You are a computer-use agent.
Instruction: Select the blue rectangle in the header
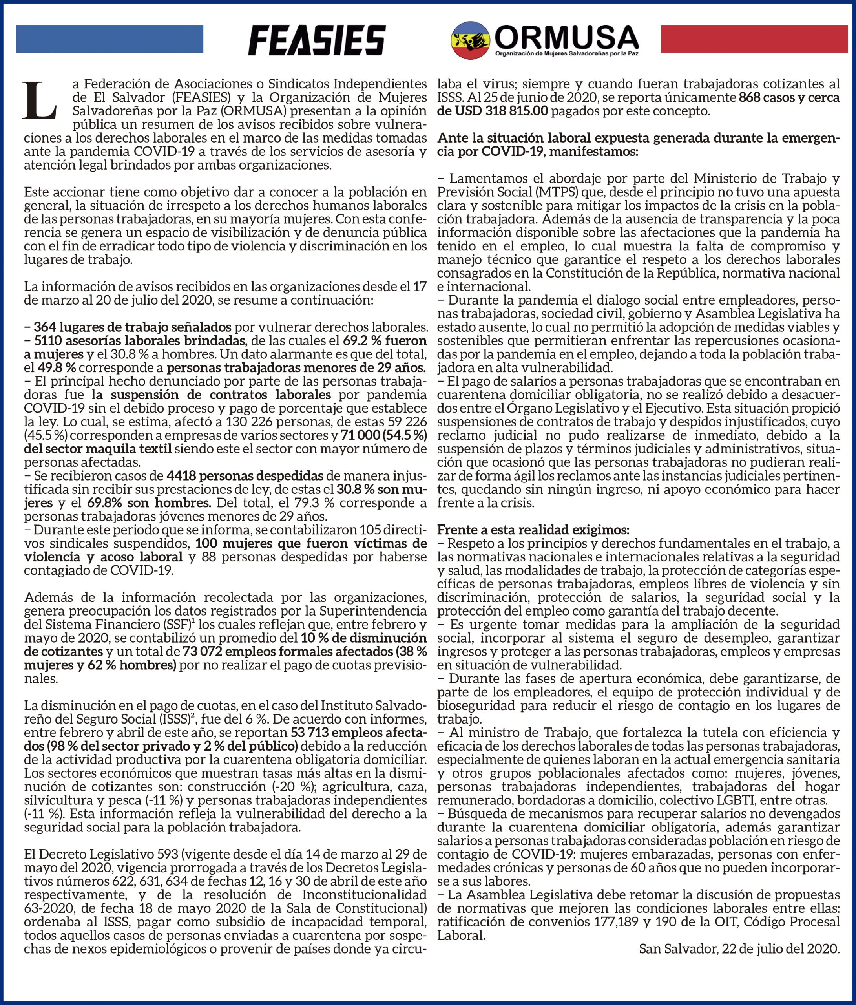(x=110, y=39)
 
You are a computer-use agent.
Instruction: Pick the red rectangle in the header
(x=754, y=39)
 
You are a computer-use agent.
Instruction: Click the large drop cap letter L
(x=40, y=100)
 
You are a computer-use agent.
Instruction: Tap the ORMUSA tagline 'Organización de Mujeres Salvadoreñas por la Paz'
(x=566, y=53)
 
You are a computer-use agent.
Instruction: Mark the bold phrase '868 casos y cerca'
(x=788, y=97)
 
